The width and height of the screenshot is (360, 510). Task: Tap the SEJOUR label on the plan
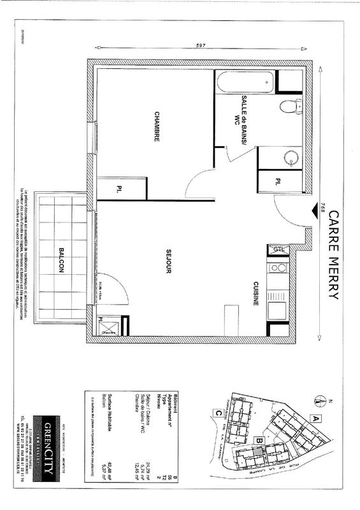169,261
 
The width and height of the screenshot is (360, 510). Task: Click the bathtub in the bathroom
245,82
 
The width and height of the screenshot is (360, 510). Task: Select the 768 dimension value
323,208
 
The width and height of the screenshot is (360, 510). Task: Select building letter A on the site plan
315,418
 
